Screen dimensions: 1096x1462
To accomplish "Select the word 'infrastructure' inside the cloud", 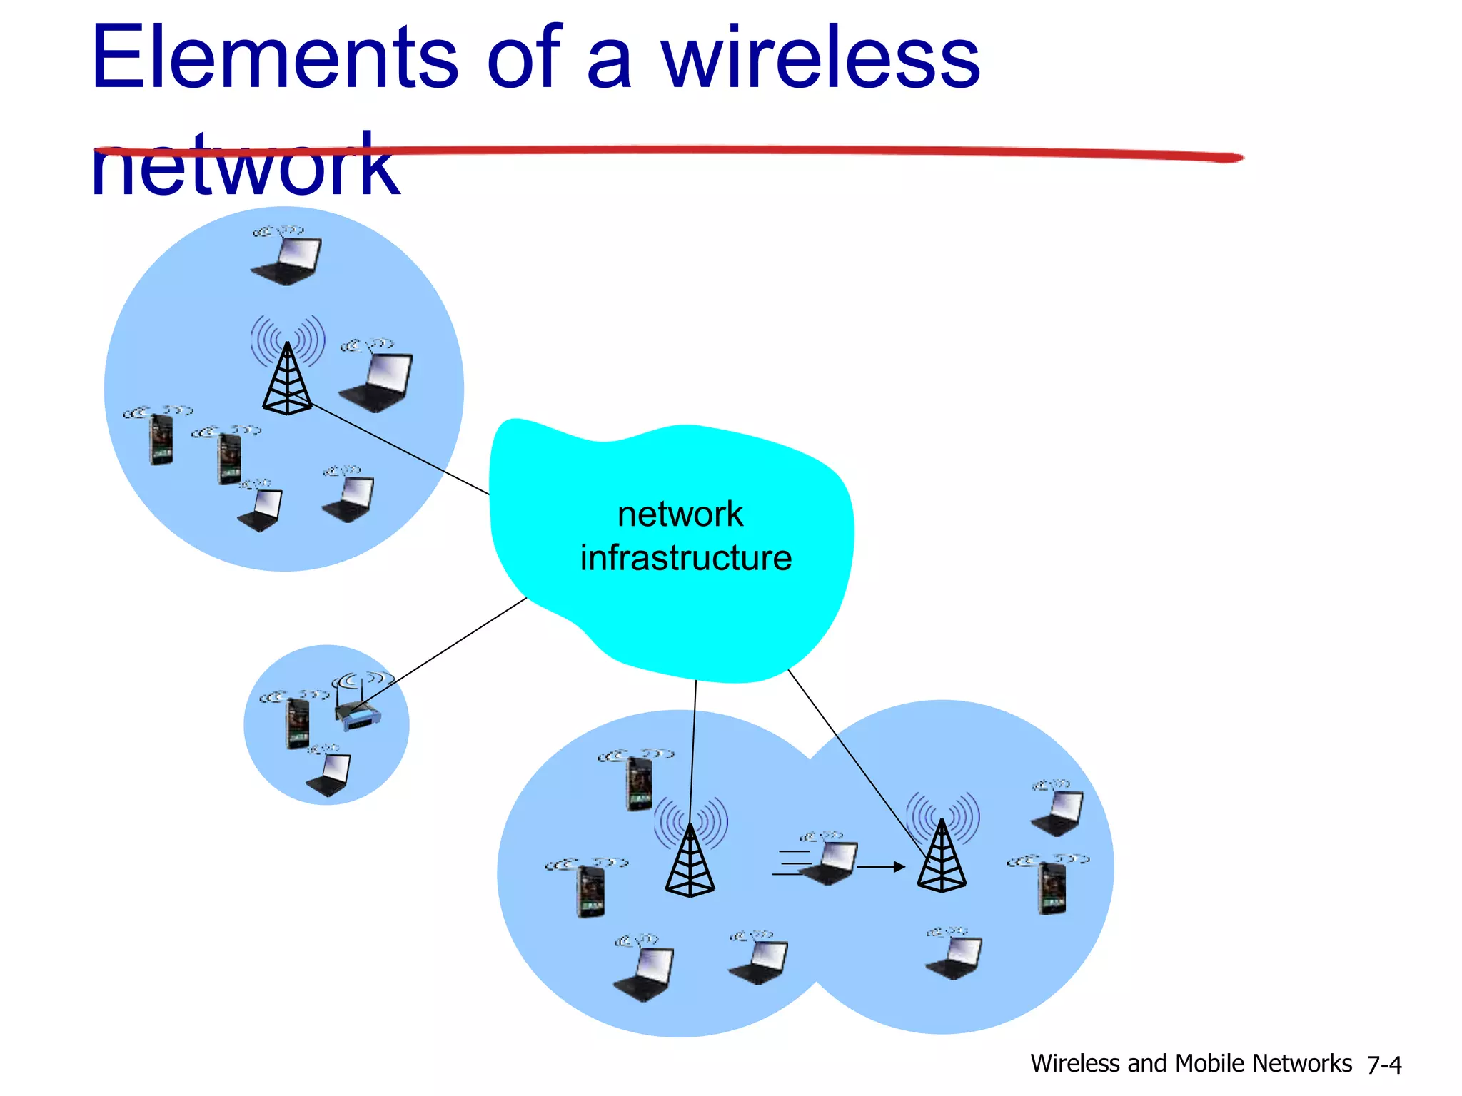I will [685, 558].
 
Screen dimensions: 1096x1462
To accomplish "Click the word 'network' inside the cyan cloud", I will [680, 514].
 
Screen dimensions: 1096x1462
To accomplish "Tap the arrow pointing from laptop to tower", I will [882, 867].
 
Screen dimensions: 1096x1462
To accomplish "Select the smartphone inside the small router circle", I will [298, 724].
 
